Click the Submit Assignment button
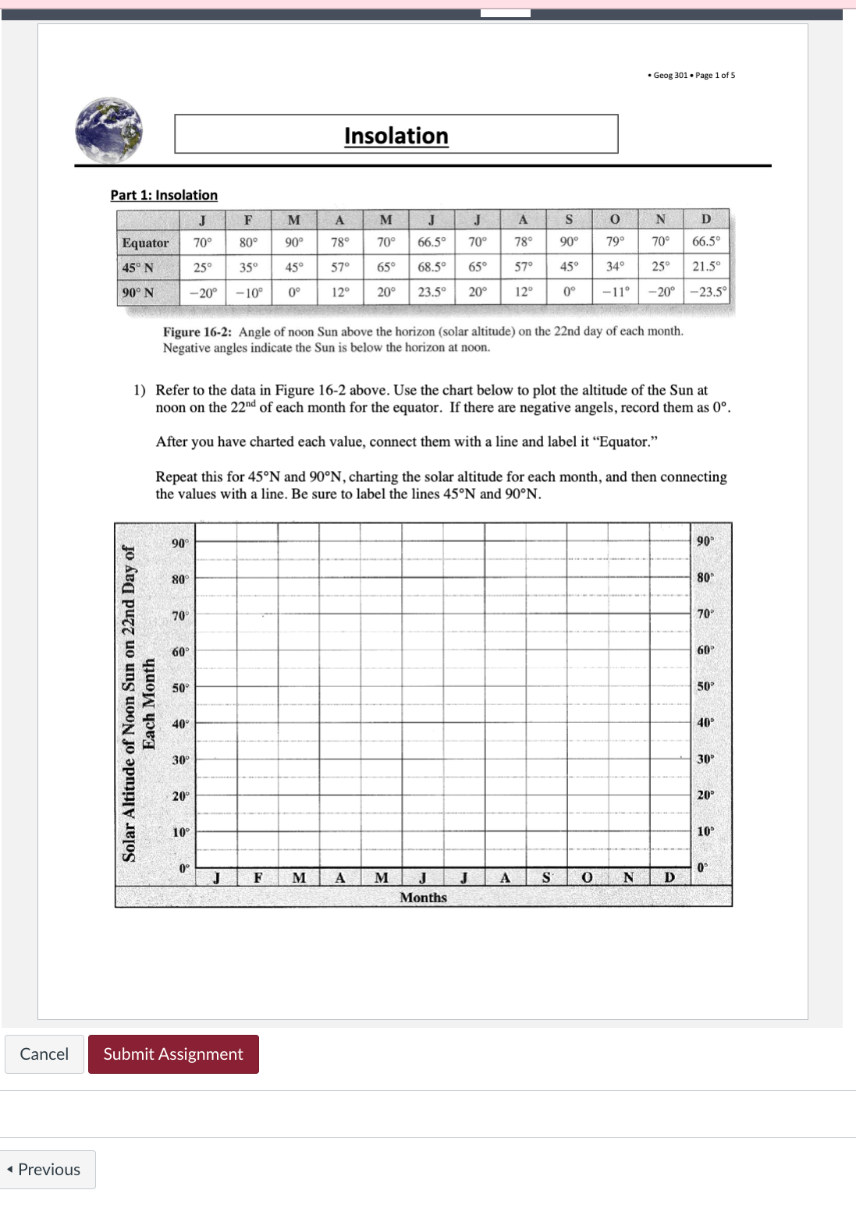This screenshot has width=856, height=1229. click(173, 1054)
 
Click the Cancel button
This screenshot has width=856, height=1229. click(44, 1054)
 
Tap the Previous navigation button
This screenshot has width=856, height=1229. click(48, 1169)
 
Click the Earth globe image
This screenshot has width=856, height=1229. click(109, 130)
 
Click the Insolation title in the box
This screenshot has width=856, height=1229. click(396, 136)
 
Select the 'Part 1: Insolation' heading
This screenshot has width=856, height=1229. click(164, 195)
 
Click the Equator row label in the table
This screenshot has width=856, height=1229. click(145, 243)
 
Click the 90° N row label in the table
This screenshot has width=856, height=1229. click(138, 292)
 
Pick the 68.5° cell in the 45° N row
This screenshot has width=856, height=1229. click(432, 267)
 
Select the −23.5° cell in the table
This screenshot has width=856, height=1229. click(708, 292)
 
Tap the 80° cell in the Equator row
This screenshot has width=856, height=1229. click(248, 243)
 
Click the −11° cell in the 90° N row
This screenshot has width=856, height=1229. click(615, 292)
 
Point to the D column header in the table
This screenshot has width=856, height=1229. click(706, 219)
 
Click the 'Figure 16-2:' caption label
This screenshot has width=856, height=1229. click(197, 331)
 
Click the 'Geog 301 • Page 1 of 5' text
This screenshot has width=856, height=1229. click(692, 76)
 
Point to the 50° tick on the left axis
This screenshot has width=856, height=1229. click(180, 688)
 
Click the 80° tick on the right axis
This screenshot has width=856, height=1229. click(705, 578)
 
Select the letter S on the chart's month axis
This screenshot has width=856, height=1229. click(546, 877)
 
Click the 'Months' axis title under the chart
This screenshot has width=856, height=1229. click(423, 898)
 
